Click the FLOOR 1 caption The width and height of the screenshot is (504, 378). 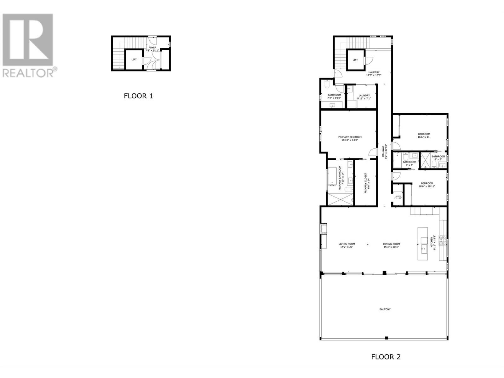(138, 96)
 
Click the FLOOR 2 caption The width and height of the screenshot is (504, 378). (386, 357)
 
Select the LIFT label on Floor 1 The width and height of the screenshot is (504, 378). (134, 60)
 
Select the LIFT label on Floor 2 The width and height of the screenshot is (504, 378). (355, 60)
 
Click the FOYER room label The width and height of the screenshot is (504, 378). (152, 48)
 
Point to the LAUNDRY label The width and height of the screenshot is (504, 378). (364, 95)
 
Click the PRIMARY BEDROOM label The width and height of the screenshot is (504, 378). (350, 137)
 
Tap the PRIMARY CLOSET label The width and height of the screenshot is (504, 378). (366, 183)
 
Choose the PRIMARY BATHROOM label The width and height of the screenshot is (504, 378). (340, 178)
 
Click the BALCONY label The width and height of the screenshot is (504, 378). (385, 309)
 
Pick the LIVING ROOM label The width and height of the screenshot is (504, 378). (346, 244)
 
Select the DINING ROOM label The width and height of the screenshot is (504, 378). (391, 244)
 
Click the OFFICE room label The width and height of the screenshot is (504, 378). (398, 196)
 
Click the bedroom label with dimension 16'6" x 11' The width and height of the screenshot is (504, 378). (424, 134)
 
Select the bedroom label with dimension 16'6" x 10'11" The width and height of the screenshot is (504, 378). (427, 183)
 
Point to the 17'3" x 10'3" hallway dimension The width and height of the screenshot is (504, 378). (374, 75)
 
